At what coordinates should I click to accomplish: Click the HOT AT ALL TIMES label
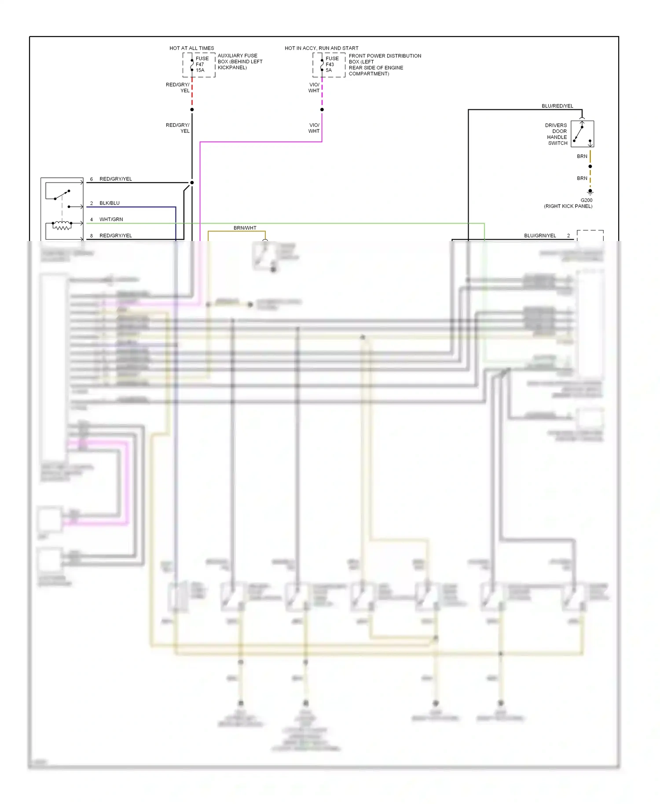(191, 48)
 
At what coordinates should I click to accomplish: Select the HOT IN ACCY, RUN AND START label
(321, 48)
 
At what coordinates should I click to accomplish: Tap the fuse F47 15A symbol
(192, 65)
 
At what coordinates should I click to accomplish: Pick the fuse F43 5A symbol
(322, 65)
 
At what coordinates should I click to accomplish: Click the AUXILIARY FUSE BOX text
(240, 62)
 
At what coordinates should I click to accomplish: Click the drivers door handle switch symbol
(582, 134)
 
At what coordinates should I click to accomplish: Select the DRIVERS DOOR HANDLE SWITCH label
(556, 134)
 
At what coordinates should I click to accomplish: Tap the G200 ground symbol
(590, 192)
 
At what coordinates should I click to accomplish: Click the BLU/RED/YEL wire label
(557, 106)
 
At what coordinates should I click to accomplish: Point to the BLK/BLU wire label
(110, 203)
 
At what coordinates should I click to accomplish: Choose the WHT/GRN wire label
(111, 219)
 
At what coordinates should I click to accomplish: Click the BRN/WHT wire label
(245, 228)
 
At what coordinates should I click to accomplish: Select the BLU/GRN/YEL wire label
(540, 236)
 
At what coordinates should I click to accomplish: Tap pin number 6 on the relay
(92, 179)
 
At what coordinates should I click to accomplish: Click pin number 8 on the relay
(92, 236)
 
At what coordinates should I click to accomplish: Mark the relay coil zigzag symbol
(62, 226)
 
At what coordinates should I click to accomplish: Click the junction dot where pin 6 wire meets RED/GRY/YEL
(192, 183)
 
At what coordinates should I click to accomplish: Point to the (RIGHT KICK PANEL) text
(568, 206)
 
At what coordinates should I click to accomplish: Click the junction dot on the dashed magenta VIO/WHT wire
(322, 110)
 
